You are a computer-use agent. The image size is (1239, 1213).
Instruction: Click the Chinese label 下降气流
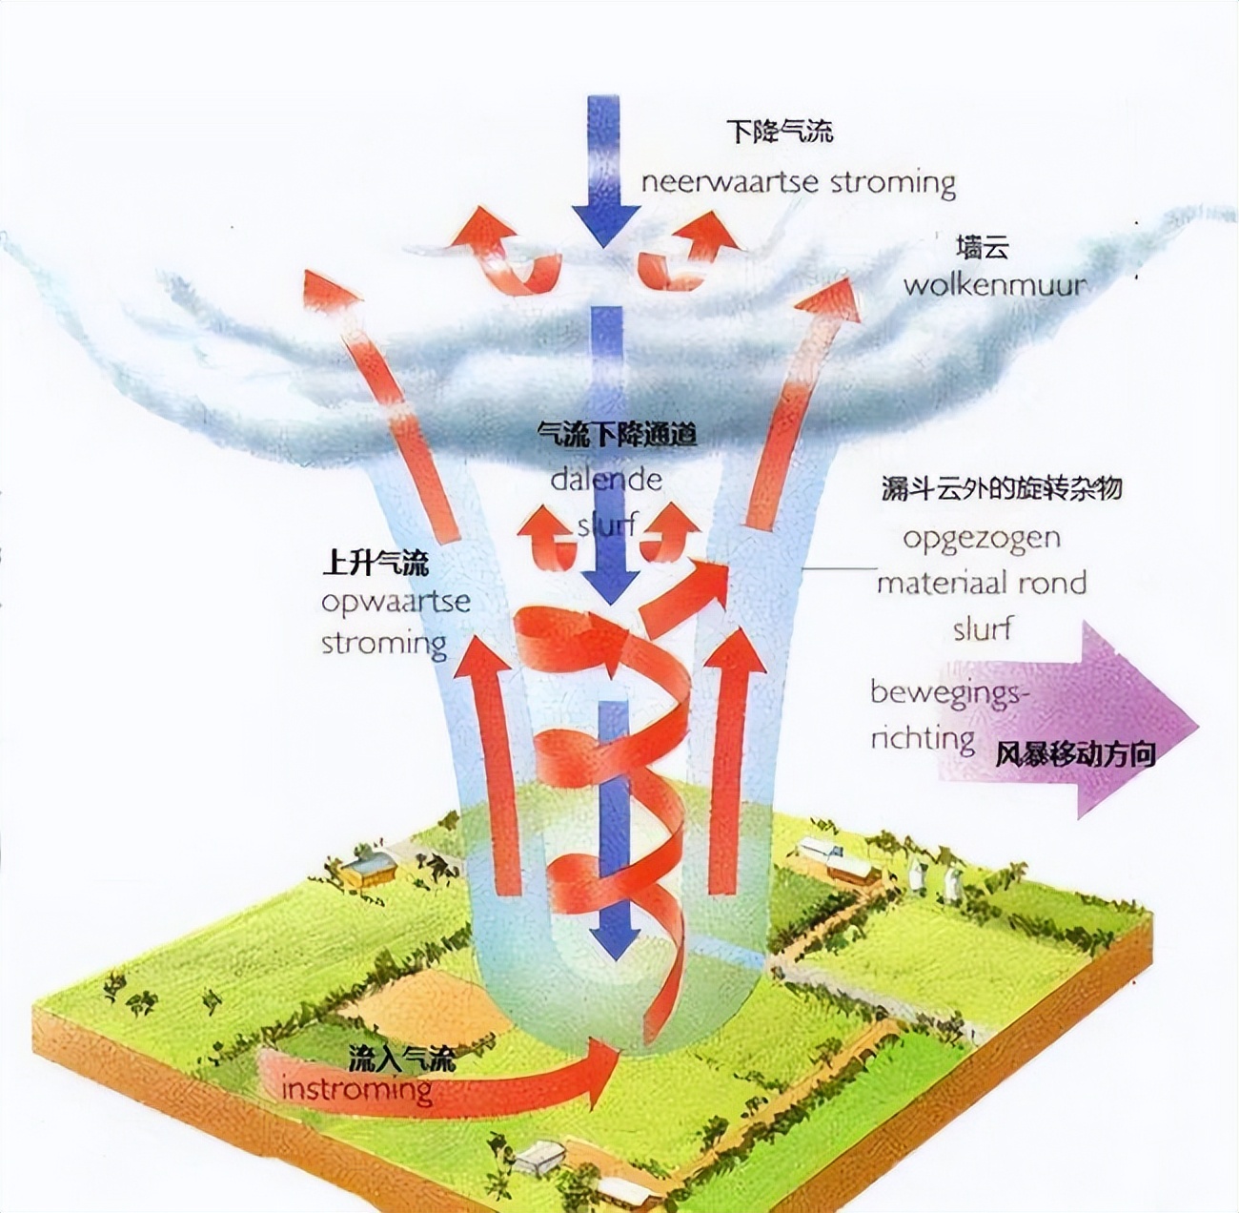[780, 132]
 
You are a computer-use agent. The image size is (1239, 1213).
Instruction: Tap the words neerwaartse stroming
[799, 184]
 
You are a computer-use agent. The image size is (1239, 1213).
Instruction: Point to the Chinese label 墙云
[983, 247]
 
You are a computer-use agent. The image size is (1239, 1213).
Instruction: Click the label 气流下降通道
[617, 435]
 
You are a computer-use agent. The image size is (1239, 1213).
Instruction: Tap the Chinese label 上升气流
[376, 564]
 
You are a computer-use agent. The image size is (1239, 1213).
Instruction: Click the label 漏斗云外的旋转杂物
[1002, 488]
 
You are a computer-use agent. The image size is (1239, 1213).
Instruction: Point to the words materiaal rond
[982, 583]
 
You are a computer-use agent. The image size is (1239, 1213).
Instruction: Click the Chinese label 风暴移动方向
[1075, 755]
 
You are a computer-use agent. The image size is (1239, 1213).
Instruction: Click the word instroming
[356, 1089]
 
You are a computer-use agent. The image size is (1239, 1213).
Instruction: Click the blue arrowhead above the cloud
[605, 225]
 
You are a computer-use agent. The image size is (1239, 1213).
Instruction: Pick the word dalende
[606, 480]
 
